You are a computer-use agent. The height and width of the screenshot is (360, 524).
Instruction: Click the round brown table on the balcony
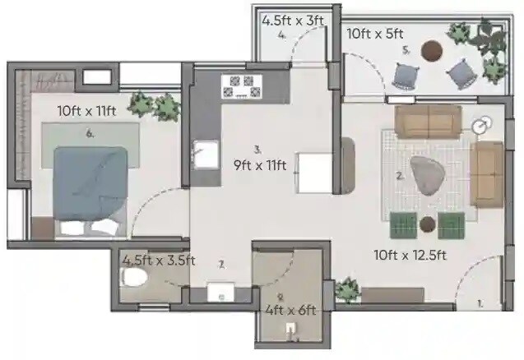430,52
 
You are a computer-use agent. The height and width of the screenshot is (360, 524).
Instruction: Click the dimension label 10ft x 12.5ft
409,256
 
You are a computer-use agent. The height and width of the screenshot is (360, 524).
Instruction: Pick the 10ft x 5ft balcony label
374,34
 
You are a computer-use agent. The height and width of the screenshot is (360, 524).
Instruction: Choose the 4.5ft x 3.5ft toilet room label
158,261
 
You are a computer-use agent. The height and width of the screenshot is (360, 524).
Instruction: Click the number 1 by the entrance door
480,303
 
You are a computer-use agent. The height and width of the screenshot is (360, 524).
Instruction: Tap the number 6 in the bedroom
89,132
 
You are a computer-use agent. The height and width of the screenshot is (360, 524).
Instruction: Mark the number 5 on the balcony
406,49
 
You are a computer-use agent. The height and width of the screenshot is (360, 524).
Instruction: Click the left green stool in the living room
402,224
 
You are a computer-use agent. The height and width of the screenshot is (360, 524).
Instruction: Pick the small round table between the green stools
427,224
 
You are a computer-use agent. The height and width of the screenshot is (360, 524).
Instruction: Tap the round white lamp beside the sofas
482,126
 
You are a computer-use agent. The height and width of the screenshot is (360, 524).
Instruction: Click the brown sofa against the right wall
486,174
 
